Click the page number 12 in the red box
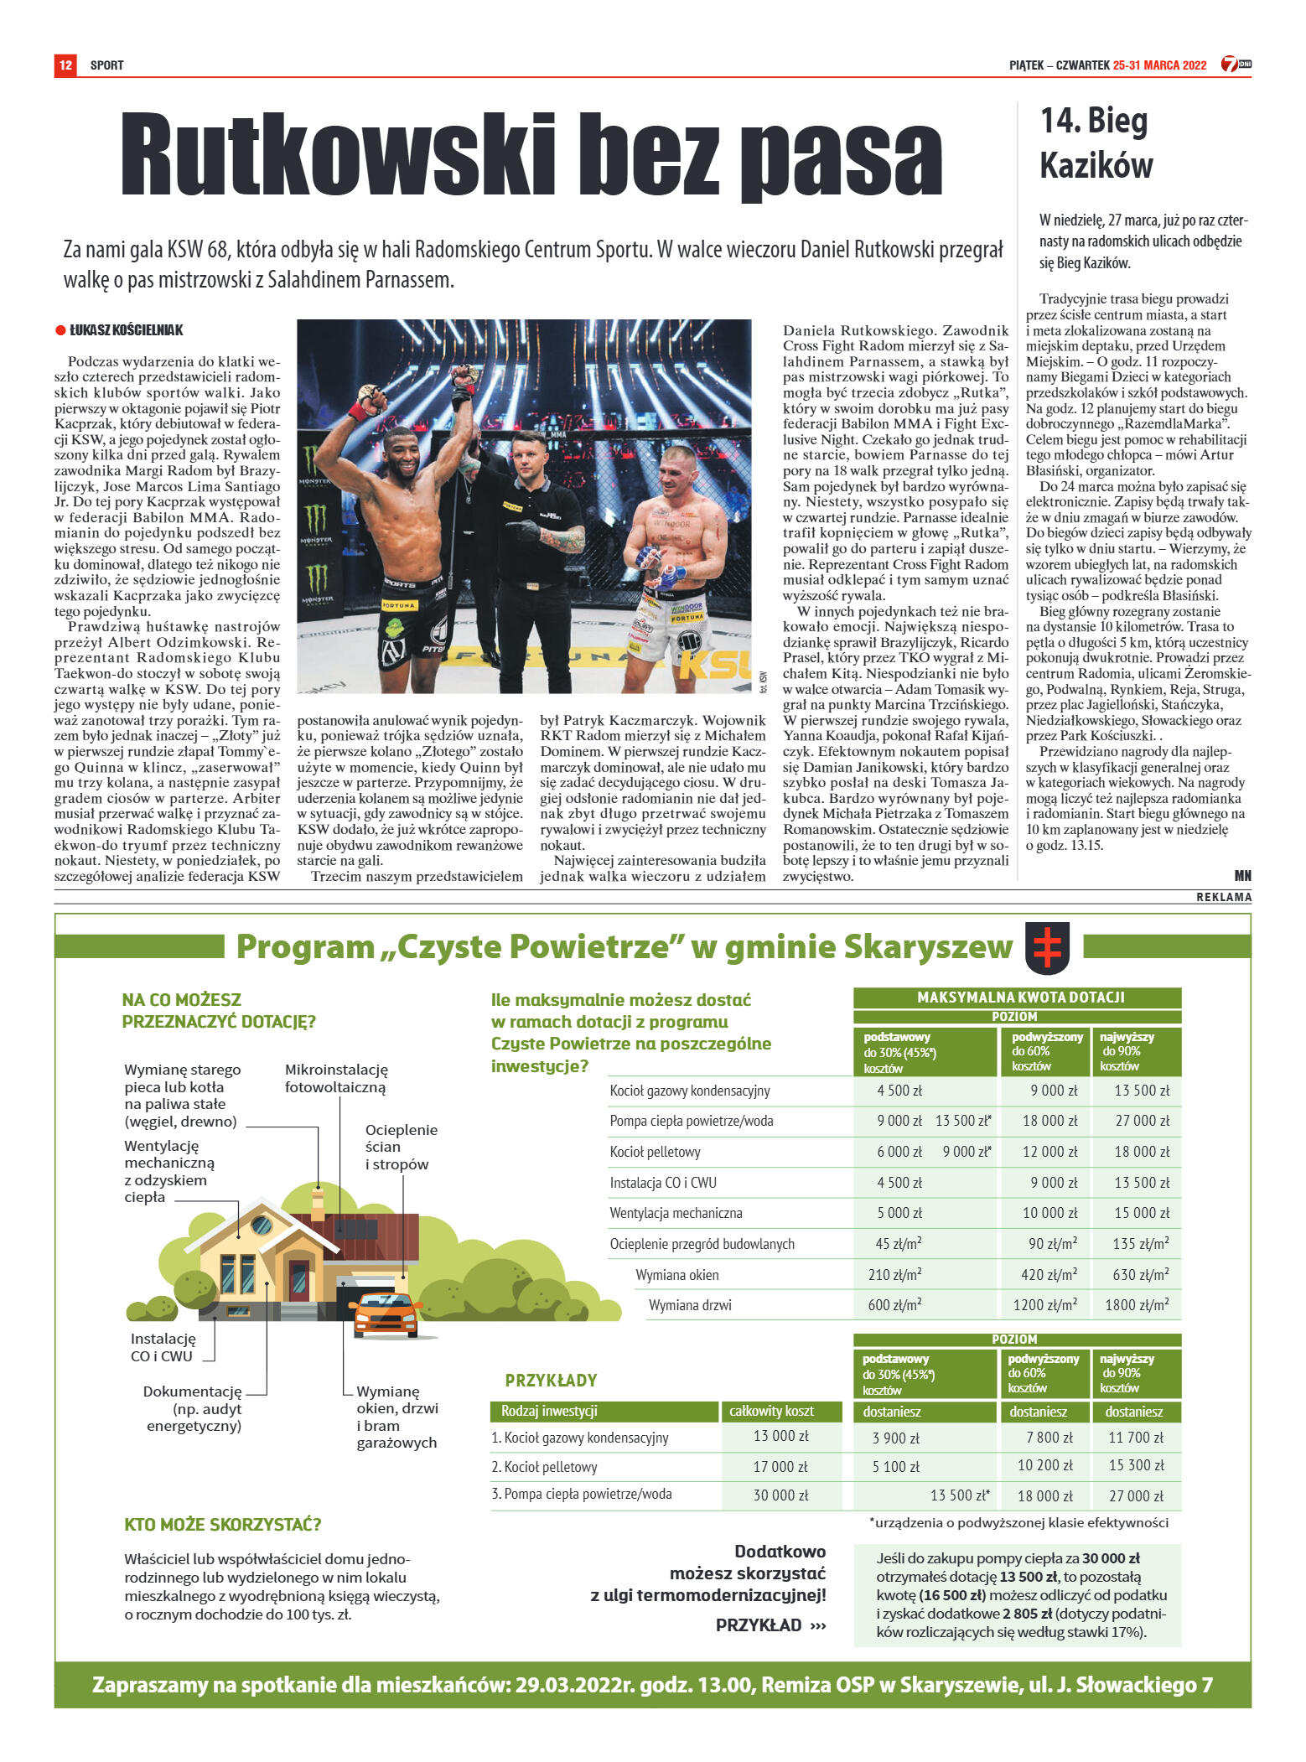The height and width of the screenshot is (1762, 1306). coord(65,65)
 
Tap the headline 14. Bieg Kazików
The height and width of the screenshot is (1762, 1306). coord(1096,143)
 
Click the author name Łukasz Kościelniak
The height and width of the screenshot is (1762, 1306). coord(126,330)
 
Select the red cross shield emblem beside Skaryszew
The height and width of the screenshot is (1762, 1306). coord(1047,947)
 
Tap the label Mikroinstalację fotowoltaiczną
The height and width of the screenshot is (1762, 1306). coord(336,1078)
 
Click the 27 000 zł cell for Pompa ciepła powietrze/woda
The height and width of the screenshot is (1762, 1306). coord(1141,1121)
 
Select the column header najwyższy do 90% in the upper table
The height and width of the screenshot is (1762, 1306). coord(1135,1051)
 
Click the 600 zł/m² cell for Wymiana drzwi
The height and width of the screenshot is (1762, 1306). coord(894,1305)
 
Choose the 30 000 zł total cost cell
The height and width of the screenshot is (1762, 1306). coord(780,1495)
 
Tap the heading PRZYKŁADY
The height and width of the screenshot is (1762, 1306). coord(551,1380)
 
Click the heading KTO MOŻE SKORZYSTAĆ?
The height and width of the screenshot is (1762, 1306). coord(223,1524)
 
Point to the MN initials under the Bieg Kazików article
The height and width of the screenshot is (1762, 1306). coord(1242,875)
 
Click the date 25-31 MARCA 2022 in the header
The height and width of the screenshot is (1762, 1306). coord(1159,65)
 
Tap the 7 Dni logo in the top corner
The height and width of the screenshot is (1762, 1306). coord(1235,65)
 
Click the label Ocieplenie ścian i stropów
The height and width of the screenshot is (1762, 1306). coord(401,1146)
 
